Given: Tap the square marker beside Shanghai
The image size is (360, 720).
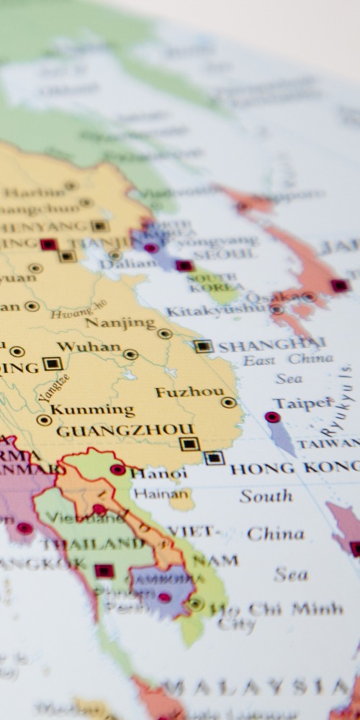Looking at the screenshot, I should coord(204,346).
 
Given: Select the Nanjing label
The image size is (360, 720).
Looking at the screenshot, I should coord(120,323).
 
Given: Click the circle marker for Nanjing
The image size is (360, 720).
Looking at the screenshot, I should coord(165,333).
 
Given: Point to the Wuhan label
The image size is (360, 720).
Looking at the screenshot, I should coord(89,347).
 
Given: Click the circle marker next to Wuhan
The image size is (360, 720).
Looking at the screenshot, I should coord(130,354).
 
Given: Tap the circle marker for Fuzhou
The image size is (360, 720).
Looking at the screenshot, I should coord(229,402).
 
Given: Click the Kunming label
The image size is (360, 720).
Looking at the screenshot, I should coord(92,410).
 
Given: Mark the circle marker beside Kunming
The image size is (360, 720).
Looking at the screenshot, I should coord(44,420).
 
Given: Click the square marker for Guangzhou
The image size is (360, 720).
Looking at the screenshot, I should coord(189,444).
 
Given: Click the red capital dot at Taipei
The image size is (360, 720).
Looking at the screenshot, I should coord(272,417).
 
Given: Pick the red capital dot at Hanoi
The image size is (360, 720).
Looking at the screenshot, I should coord(117,469).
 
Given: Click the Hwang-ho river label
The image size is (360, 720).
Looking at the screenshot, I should coord(78,310).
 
